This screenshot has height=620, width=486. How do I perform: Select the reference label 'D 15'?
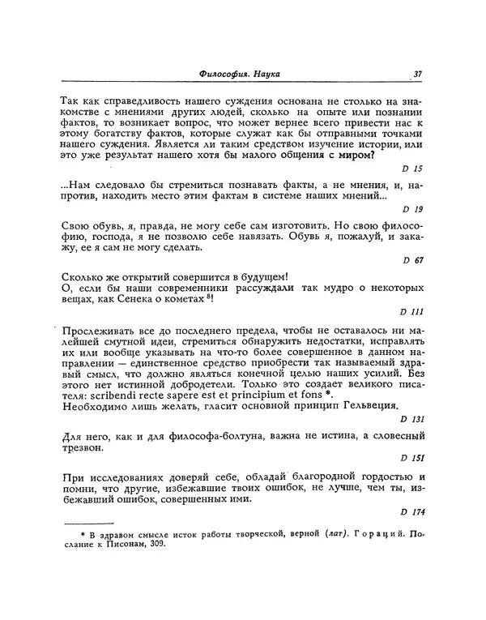(412, 168)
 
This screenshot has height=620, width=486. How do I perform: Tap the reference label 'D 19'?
(412, 208)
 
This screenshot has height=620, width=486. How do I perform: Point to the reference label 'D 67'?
(412, 261)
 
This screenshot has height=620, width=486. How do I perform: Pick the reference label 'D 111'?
(411, 312)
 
